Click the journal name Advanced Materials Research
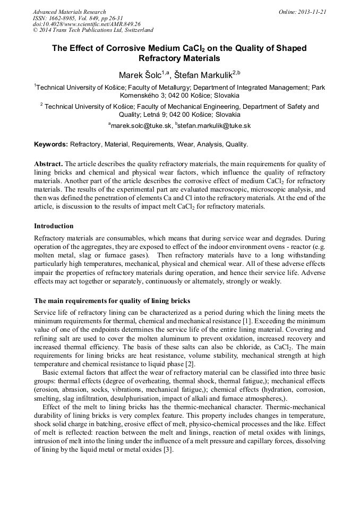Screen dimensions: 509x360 click(69, 12)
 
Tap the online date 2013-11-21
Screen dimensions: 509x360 click(313, 12)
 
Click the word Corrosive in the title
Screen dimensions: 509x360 click(135, 48)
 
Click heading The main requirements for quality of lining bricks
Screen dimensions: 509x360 click(112, 301)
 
